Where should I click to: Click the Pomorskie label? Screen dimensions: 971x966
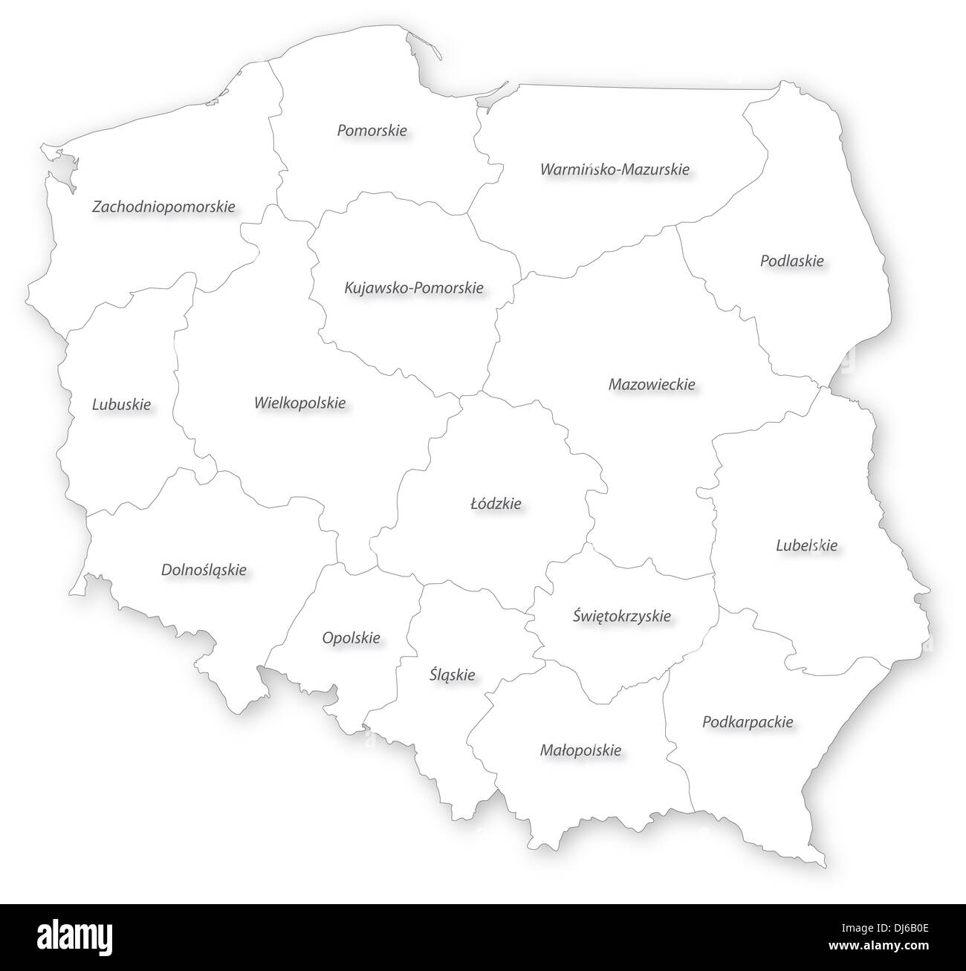pyautogui.click(x=372, y=131)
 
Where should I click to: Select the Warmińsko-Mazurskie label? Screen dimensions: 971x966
pyautogui.click(x=615, y=169)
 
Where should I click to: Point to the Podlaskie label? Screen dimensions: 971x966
pyautogui.click(x=791, y=261)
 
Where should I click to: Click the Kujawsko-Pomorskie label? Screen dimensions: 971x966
pyautogui.click(x=414, y=287)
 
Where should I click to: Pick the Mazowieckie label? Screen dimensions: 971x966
pyautogui.click(x=652, y=384)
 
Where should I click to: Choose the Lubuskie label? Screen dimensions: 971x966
pyautogui.click(x=121, y=404)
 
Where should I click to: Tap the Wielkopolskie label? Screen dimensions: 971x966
pyautogui.click(x=299, y=403)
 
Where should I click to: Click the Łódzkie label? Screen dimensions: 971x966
pyautogui.click(x=496, y=503)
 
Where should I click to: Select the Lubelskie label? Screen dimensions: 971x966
pyautogui.click(x=806, y=545)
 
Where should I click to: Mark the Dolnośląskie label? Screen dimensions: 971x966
pyautogui.click(x=204, y=570)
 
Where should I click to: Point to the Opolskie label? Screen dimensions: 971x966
pyautogui.click(x=351, y=637)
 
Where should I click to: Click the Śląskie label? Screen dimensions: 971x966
pyautogui.click(x=452, y=675)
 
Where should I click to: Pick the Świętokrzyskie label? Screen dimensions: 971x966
pyautogui.click(x=622, y=615)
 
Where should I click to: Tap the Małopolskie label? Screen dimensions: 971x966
pyautogui.click(x=580, y=750)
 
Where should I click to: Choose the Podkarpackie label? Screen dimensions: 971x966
pyautogui.click(x=748, y=721)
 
